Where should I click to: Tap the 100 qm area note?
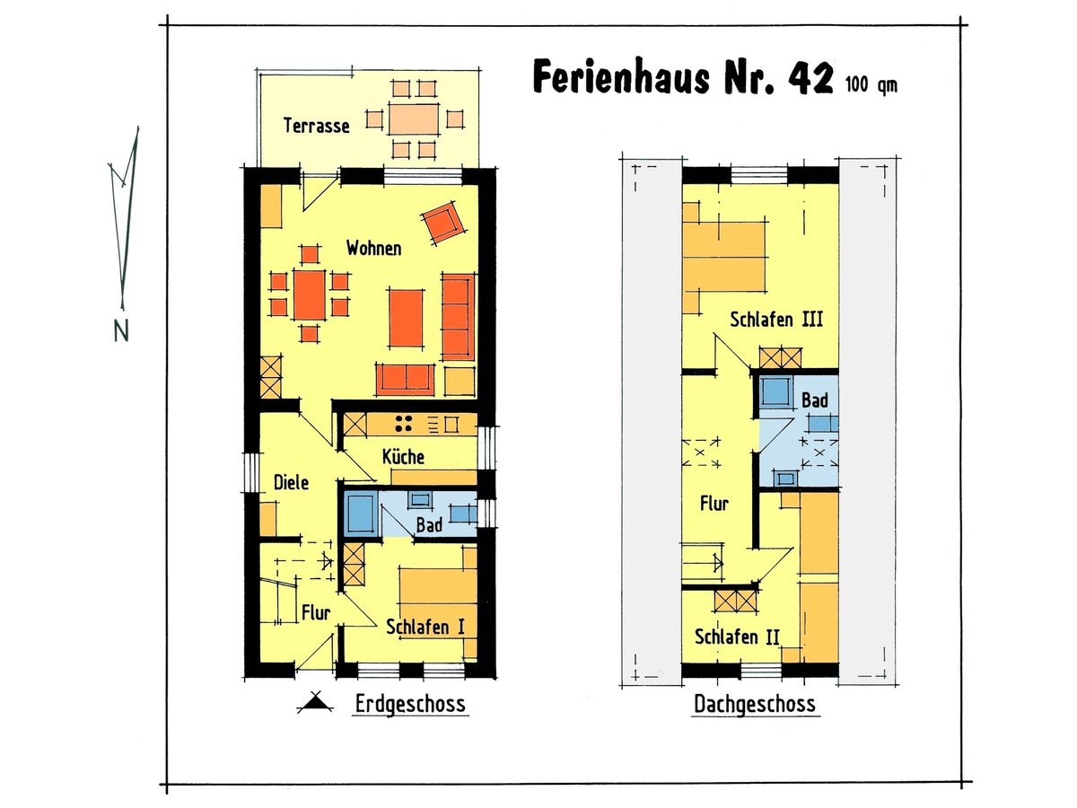tap(871, 86)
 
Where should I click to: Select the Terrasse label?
tap(316, 126)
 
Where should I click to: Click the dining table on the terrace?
tap(413, 119)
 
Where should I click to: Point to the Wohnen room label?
tap(374, 249)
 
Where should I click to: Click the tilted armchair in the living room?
tap(443, 223)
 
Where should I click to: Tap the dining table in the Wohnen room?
tap(309, 294)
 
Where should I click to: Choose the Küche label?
tap(403, 456)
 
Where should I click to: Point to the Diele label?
tap(291, 483)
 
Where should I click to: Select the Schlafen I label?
tap(425, 627)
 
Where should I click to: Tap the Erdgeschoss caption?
tap(410, 703)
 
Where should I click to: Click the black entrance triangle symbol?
tap(313, 704)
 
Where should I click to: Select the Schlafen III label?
tap(776, 319)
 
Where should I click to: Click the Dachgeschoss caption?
tap(755, 704)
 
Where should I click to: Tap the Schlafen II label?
tap(737, 637)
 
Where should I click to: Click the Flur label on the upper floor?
tap(714, 504)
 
